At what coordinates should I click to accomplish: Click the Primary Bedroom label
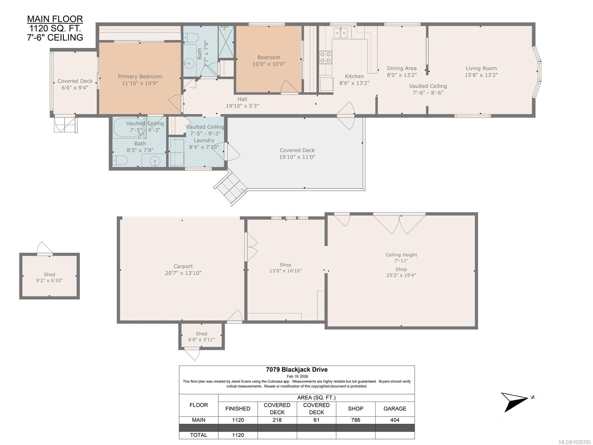pos(140,76)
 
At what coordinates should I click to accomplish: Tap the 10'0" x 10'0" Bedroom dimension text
pos(269,64)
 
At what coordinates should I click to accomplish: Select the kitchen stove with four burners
pos(326,58)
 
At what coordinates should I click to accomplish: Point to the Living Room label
pos(481,68)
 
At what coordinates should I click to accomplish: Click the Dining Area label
pos(402,68)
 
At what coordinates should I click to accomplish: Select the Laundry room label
pos(204,140)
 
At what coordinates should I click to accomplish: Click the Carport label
pos(183,266)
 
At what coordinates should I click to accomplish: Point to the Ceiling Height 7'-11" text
pos(401,258)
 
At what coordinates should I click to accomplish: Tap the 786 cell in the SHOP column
pos(355,420)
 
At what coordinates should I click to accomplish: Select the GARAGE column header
pos(395,409)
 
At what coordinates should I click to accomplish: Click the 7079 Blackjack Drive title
pos(297,369)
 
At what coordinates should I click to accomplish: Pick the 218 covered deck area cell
pos(277,420)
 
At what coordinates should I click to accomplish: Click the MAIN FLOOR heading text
pos(55,19)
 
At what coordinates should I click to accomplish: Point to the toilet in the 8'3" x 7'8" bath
pos(121,160)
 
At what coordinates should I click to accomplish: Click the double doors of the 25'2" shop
pos(399,224)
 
